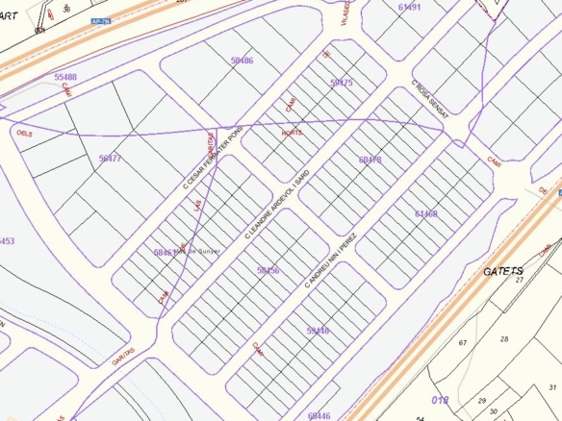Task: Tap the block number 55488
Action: coord(66,77)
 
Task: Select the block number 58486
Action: coord(242,61)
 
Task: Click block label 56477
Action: coord(110,158)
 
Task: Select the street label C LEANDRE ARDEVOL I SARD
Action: coord(275,204)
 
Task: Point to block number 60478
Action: coord(370,160)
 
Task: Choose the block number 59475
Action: coord(342,84)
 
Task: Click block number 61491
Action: coord(409,7)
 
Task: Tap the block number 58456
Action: coord(268,271)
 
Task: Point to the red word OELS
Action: coord(19,134)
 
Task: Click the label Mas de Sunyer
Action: coord(196,251)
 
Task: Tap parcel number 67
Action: coord(462,342)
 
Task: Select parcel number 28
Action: coord(503,339)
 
